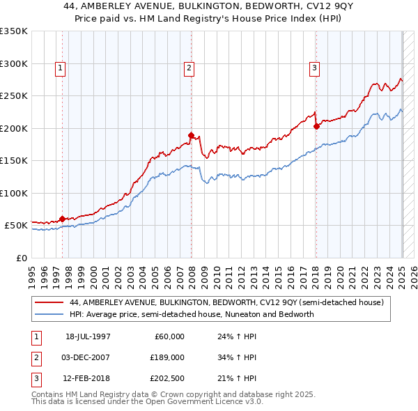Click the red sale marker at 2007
(x=190, y=134)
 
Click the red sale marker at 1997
(x=62, y=219)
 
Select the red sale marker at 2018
(x=316, y=126)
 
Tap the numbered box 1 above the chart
(x=61, y=68)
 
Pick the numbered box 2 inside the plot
(x=189, y=68)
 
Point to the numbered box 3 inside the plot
(x=315, y=68)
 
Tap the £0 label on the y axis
(x=21, y=258)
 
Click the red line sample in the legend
(x=49, y=303)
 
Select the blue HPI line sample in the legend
(x=49, y=314)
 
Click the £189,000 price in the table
(x=167, y=358)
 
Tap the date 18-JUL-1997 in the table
(x=88, y=336)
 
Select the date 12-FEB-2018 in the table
(x=88, y=380)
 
